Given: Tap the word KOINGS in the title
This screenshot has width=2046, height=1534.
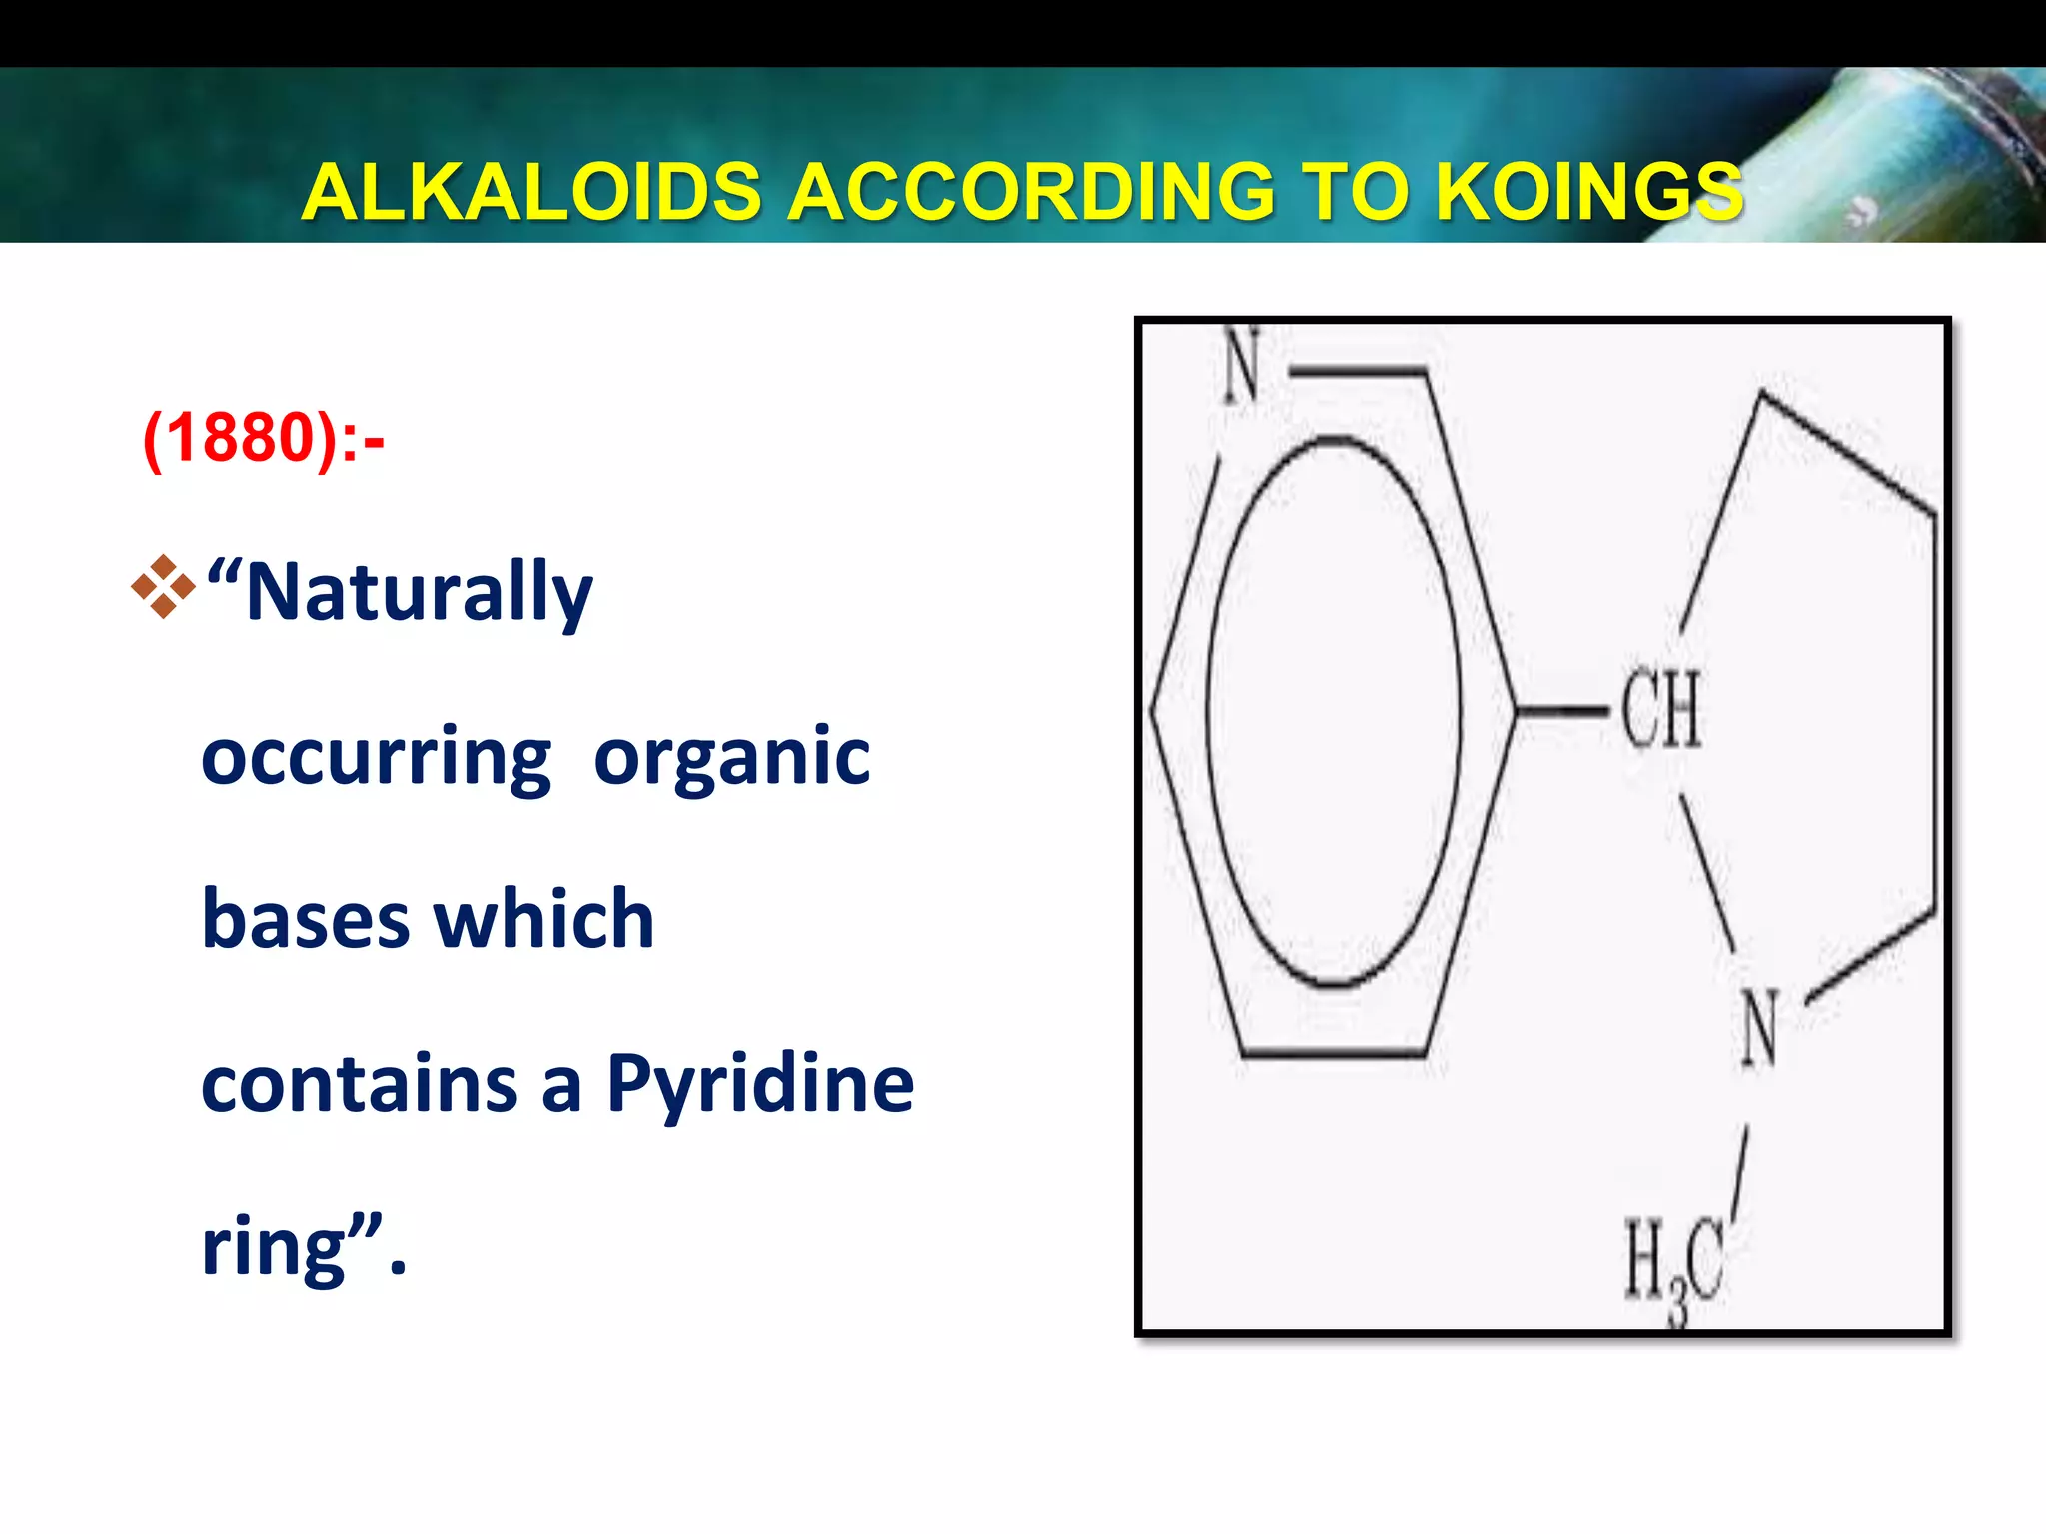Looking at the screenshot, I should (1588, 192).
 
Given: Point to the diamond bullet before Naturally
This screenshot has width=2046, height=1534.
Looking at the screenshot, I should (163, 588).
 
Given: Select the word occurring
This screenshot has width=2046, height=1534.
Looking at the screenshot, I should (376, 757).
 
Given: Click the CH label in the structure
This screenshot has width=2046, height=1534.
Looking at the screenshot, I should (1660, 710).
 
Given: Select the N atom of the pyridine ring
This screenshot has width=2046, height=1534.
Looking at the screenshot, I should (1242, 367).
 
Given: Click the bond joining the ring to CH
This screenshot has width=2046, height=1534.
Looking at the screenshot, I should (1563, 711).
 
